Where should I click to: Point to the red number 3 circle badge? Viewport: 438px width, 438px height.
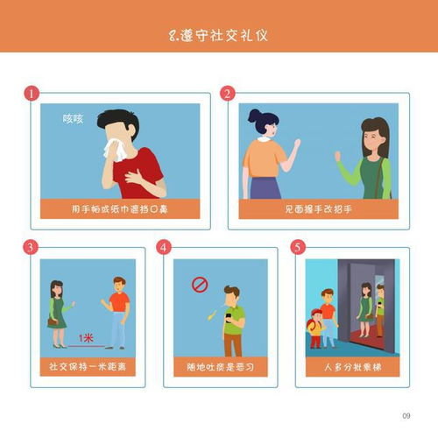(x=32, y=248)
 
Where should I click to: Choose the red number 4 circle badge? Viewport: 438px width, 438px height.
(x=165, y=248)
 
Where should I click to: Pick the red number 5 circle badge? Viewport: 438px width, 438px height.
(x=298, y=248)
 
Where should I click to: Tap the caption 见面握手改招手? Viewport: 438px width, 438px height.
(x=318, y=209)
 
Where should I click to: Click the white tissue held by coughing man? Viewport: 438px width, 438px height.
(x=110, y=152)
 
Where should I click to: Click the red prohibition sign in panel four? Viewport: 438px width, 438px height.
(x=200, y=285)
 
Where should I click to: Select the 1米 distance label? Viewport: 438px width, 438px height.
(x=86, y=336)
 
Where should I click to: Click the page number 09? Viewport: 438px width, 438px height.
(x=406, y=414)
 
